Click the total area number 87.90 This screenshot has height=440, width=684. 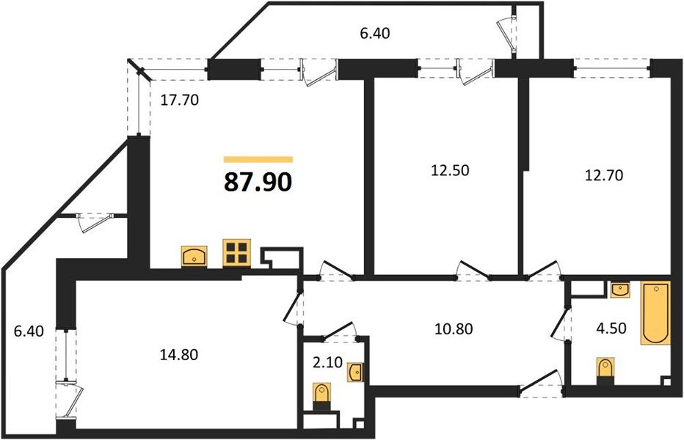(258, 181)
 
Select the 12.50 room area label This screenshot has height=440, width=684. (448, 171)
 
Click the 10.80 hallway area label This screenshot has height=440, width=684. (453, 329)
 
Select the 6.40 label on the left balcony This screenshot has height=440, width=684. (29, 331)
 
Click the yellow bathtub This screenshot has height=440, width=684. (655, 313)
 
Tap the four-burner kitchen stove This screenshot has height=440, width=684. (237, 253)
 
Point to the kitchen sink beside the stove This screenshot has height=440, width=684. (195, 255)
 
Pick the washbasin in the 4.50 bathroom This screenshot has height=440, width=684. (621, 290)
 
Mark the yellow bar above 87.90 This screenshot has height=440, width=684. (258, 159)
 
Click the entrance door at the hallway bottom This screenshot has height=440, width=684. (539, 381)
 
